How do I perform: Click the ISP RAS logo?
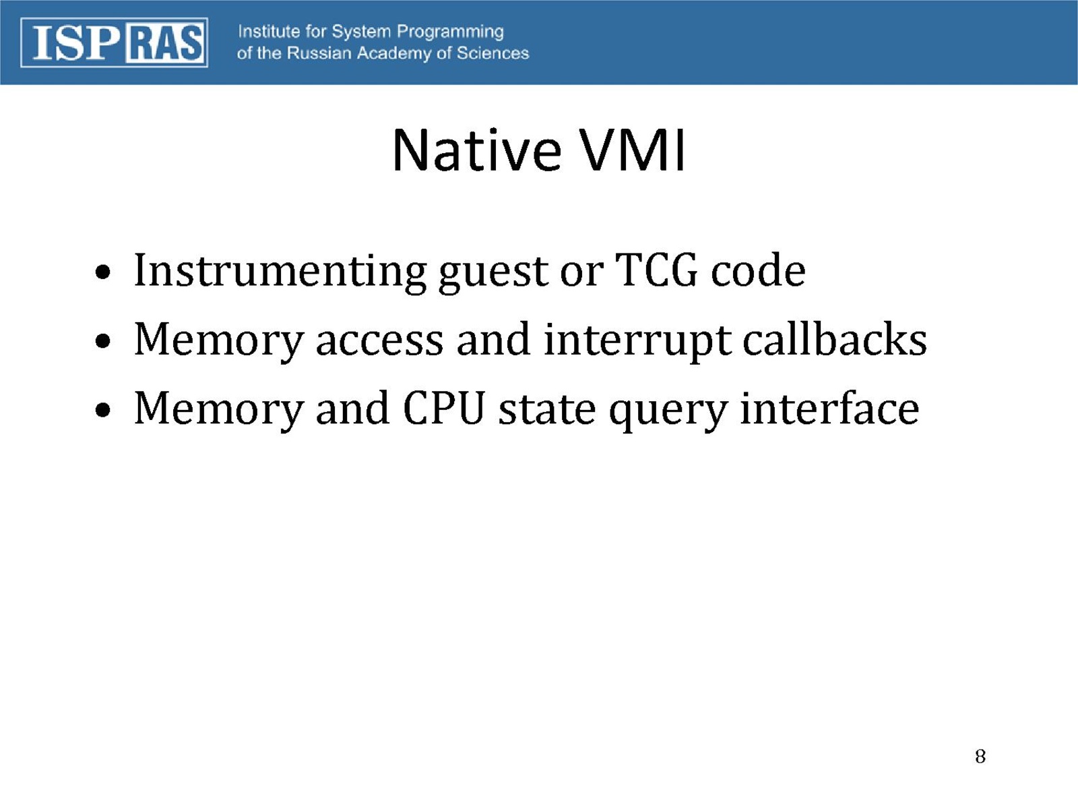[115, 42]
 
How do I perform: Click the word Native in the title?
[476, 150]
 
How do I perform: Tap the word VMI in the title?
[632, 150]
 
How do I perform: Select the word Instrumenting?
[280, 272]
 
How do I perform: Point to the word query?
[668, 412]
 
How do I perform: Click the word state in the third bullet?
[547, 410]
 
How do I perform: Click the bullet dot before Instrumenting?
[102, 272]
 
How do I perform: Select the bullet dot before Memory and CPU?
[102, 410]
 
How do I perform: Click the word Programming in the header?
[450, 32]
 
